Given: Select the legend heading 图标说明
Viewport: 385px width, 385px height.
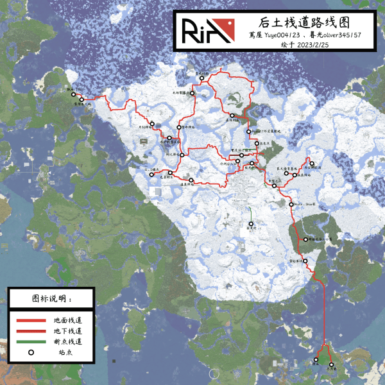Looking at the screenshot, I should click(51, 299).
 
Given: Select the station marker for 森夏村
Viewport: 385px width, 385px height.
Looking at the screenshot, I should click(251, 223).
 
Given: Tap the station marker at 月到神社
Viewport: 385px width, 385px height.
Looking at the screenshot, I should click(152, 124).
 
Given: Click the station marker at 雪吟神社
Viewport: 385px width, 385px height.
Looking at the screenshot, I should click(179, 127).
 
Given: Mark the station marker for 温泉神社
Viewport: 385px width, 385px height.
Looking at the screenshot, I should click(191, 180).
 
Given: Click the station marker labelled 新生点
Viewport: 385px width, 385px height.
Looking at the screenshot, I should click(256, 143).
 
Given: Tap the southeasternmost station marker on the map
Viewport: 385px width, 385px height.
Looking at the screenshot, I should click(332, 364).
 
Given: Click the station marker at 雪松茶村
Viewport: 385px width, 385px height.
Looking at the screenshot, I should click(306, 261).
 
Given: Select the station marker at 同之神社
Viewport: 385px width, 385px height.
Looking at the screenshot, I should click(183, 155).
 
